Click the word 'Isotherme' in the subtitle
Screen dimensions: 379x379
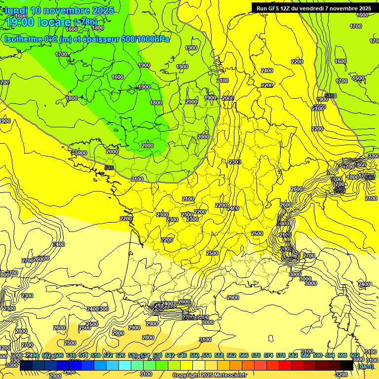24,38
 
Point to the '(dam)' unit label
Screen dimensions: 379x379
365,366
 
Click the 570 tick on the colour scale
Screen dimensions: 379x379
256,356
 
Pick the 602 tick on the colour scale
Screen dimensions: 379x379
355,356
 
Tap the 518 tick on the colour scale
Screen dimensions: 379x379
95,356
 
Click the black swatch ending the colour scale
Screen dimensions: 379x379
347,365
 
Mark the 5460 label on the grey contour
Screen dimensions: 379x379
331,95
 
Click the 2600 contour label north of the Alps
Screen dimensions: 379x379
297,189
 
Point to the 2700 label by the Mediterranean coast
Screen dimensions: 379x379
309,256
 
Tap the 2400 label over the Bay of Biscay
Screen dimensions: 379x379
59,244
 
